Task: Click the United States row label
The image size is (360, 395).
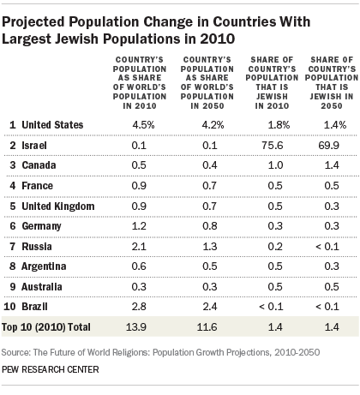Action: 51,125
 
